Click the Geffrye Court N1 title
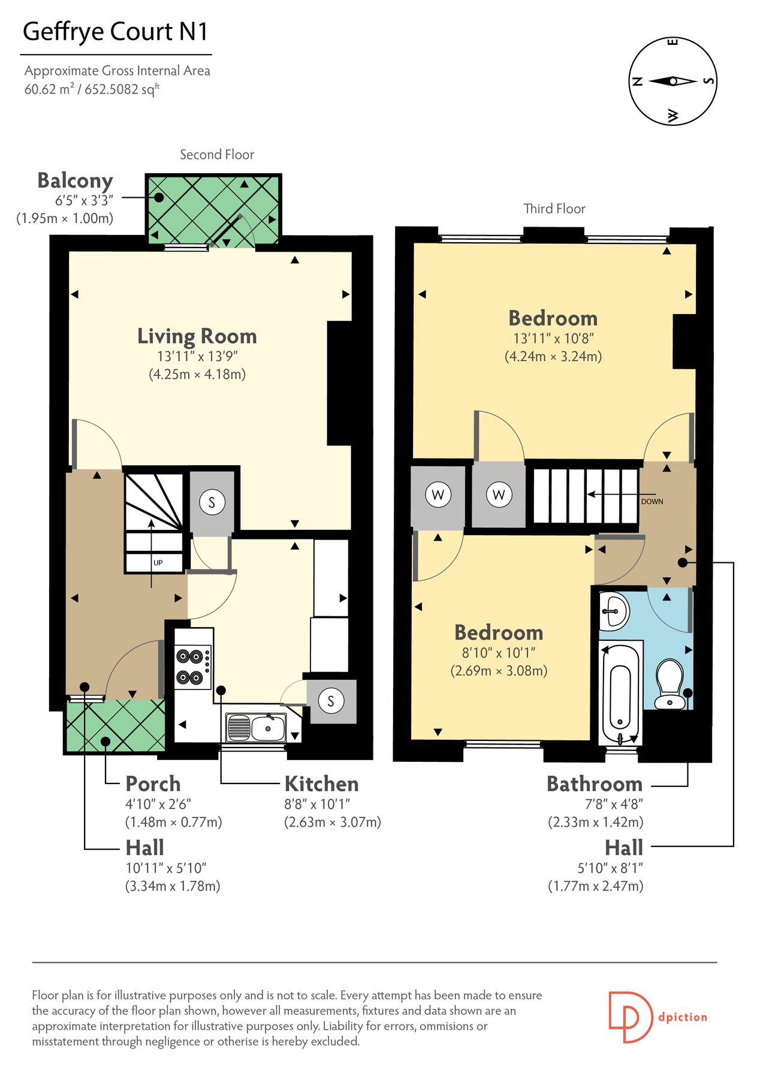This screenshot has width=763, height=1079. [x=116, y=31]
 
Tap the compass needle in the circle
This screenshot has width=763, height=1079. [x=672, y=81]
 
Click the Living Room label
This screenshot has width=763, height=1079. [x=197, y=336]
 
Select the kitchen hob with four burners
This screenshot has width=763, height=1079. [x=192, y=667]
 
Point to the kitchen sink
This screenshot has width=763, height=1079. [x=256, y=728]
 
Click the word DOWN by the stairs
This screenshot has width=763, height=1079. [x=652, y=501]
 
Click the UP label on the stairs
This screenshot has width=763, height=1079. [x=158, y=562]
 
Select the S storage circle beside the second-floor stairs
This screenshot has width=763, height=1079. [x=212, y=502]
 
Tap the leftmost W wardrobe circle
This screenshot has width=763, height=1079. [x=438, y=495]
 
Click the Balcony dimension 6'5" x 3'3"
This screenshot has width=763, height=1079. [x=84, y=200]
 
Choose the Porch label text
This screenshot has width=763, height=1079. [x=153, y=783]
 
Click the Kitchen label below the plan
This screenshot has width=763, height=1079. [x=321, y=783]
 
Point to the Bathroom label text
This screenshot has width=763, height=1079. [x=594, y=783]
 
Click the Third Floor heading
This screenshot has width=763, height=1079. [x=554, y=209]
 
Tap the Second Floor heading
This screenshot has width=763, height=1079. [x=217, y=155]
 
